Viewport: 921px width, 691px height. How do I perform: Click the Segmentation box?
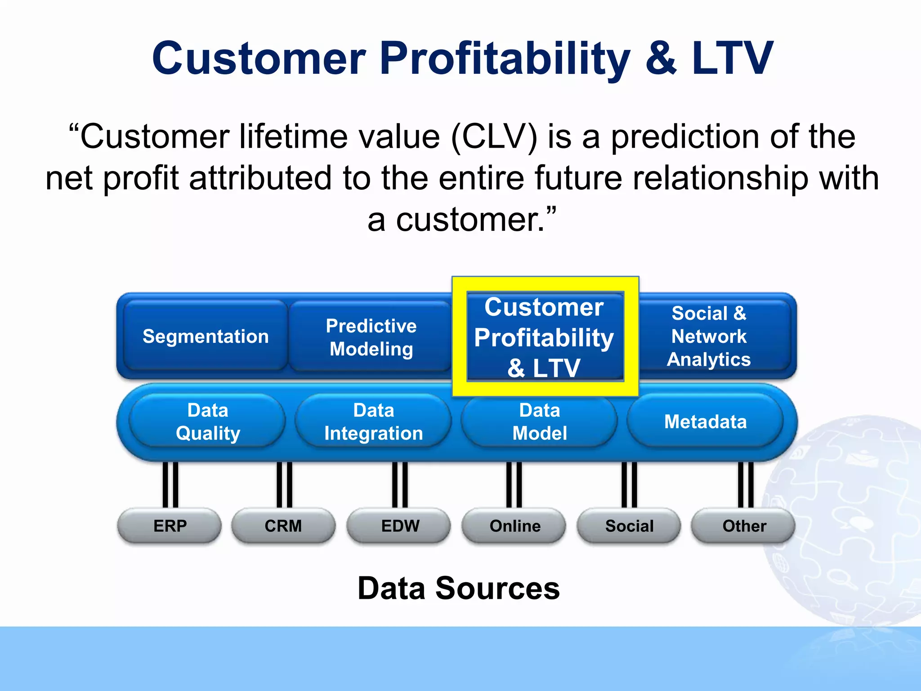point(206,336)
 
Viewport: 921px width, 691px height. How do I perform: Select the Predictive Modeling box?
point(371,337)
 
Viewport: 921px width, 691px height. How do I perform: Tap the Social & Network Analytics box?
point(709,336)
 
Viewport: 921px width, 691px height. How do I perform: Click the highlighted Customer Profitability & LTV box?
point(545,337)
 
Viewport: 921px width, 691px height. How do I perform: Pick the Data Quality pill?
point(208,422)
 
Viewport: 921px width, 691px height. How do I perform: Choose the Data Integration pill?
point(373,422)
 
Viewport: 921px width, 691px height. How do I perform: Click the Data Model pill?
point(539,422)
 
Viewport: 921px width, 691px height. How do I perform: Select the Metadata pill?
point(705,422)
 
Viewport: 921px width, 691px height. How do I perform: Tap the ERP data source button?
point(170,525)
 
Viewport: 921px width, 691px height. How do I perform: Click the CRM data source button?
point(283,525)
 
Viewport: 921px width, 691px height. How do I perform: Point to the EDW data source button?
point(399,525)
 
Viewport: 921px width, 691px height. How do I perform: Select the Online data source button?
point(514,525)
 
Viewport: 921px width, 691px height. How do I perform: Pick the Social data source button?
point(629,525)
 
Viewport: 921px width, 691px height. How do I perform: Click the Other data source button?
point(744,525)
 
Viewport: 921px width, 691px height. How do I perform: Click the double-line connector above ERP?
point(170,485)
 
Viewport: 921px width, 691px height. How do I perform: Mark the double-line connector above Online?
point(514,485)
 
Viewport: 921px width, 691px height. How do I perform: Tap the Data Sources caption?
point(458,588)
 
